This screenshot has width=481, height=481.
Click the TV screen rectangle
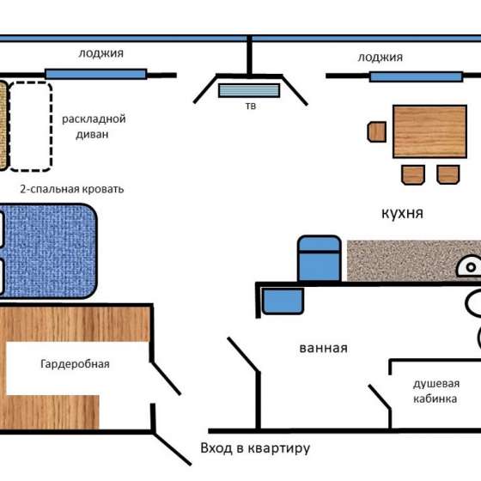[x=249, y=90]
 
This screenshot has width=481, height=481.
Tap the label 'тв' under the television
[x=251, y=106]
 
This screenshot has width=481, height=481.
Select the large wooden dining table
[x=429, y=131]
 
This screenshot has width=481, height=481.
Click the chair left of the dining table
[x=377, y=132]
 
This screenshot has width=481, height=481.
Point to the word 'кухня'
[x=402, y=213]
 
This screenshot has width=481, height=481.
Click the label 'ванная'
[x=323, y=348]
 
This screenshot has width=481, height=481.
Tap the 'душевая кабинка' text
[x=436, y=391]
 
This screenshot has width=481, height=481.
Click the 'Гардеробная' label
[x=75, y=364]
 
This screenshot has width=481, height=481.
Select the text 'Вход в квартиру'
[x=255, y=448]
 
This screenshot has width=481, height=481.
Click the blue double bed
[x=48, y=251]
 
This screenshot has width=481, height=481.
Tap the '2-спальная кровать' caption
[x=72, y=189]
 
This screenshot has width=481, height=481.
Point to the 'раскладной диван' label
[x=94, y=126]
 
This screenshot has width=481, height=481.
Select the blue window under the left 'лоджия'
[x=96, y=74]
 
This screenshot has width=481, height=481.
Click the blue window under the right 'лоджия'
[x=416, y=76]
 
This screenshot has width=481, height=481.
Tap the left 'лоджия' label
[x=101, y=53]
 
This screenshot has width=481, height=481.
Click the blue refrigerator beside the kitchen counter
[x=320, y=259]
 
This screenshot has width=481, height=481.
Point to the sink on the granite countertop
[x=469, y=265]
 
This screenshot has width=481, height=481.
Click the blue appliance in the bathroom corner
[x=283, y=301]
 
